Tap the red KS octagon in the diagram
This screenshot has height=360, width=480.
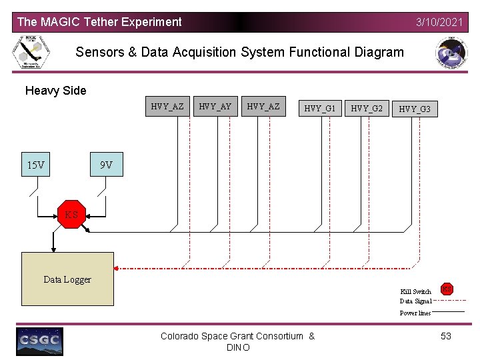(x=71, y=215)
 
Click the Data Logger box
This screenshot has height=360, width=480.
(x=67, y=279)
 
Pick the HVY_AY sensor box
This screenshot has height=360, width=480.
(x=215, y=107)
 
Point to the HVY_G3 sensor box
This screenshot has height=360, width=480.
(x=415, y=108)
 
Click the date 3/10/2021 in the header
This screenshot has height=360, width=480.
(x=439, y=22)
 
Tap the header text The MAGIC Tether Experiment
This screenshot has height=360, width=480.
(x=99, y=22)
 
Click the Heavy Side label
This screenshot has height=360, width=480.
(x=55, y=91)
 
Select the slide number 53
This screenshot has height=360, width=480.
(x=446, y=336)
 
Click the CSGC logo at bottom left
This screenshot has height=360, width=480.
(x=39, y=341)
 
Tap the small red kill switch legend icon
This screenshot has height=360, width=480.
(x=447, y=289)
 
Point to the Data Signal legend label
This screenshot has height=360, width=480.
(x=415, y=301)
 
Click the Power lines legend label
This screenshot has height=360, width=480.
(x=415, y=313)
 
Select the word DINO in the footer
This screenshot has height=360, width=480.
(x=238, y=348)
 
